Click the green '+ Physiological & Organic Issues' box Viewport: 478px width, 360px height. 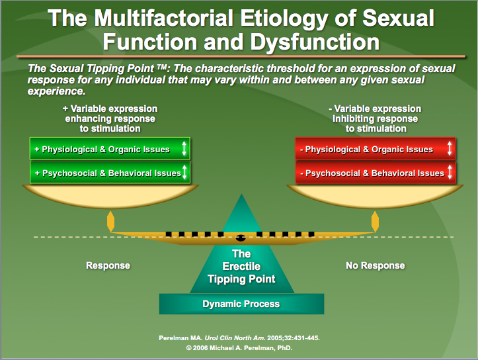pos(110,149)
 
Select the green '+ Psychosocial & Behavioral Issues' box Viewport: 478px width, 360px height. pos(110,173)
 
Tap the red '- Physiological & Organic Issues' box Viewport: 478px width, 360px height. pos(375,149)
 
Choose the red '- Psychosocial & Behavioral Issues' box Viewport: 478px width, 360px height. pos(375,173)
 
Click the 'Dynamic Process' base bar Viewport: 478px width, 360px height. pos(241,304)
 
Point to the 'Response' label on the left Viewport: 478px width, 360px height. pos(108,265)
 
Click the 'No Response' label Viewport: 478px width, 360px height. pos(375,265)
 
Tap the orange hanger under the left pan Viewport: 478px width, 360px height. pos(110,221)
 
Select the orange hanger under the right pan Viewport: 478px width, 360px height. pos(375,221)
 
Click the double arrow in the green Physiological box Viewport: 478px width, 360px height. pos(184,149)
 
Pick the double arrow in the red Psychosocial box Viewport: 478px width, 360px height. pos(450,173)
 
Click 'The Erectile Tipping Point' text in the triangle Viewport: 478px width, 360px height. pos(241,266)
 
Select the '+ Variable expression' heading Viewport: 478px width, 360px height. pos(110,109)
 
